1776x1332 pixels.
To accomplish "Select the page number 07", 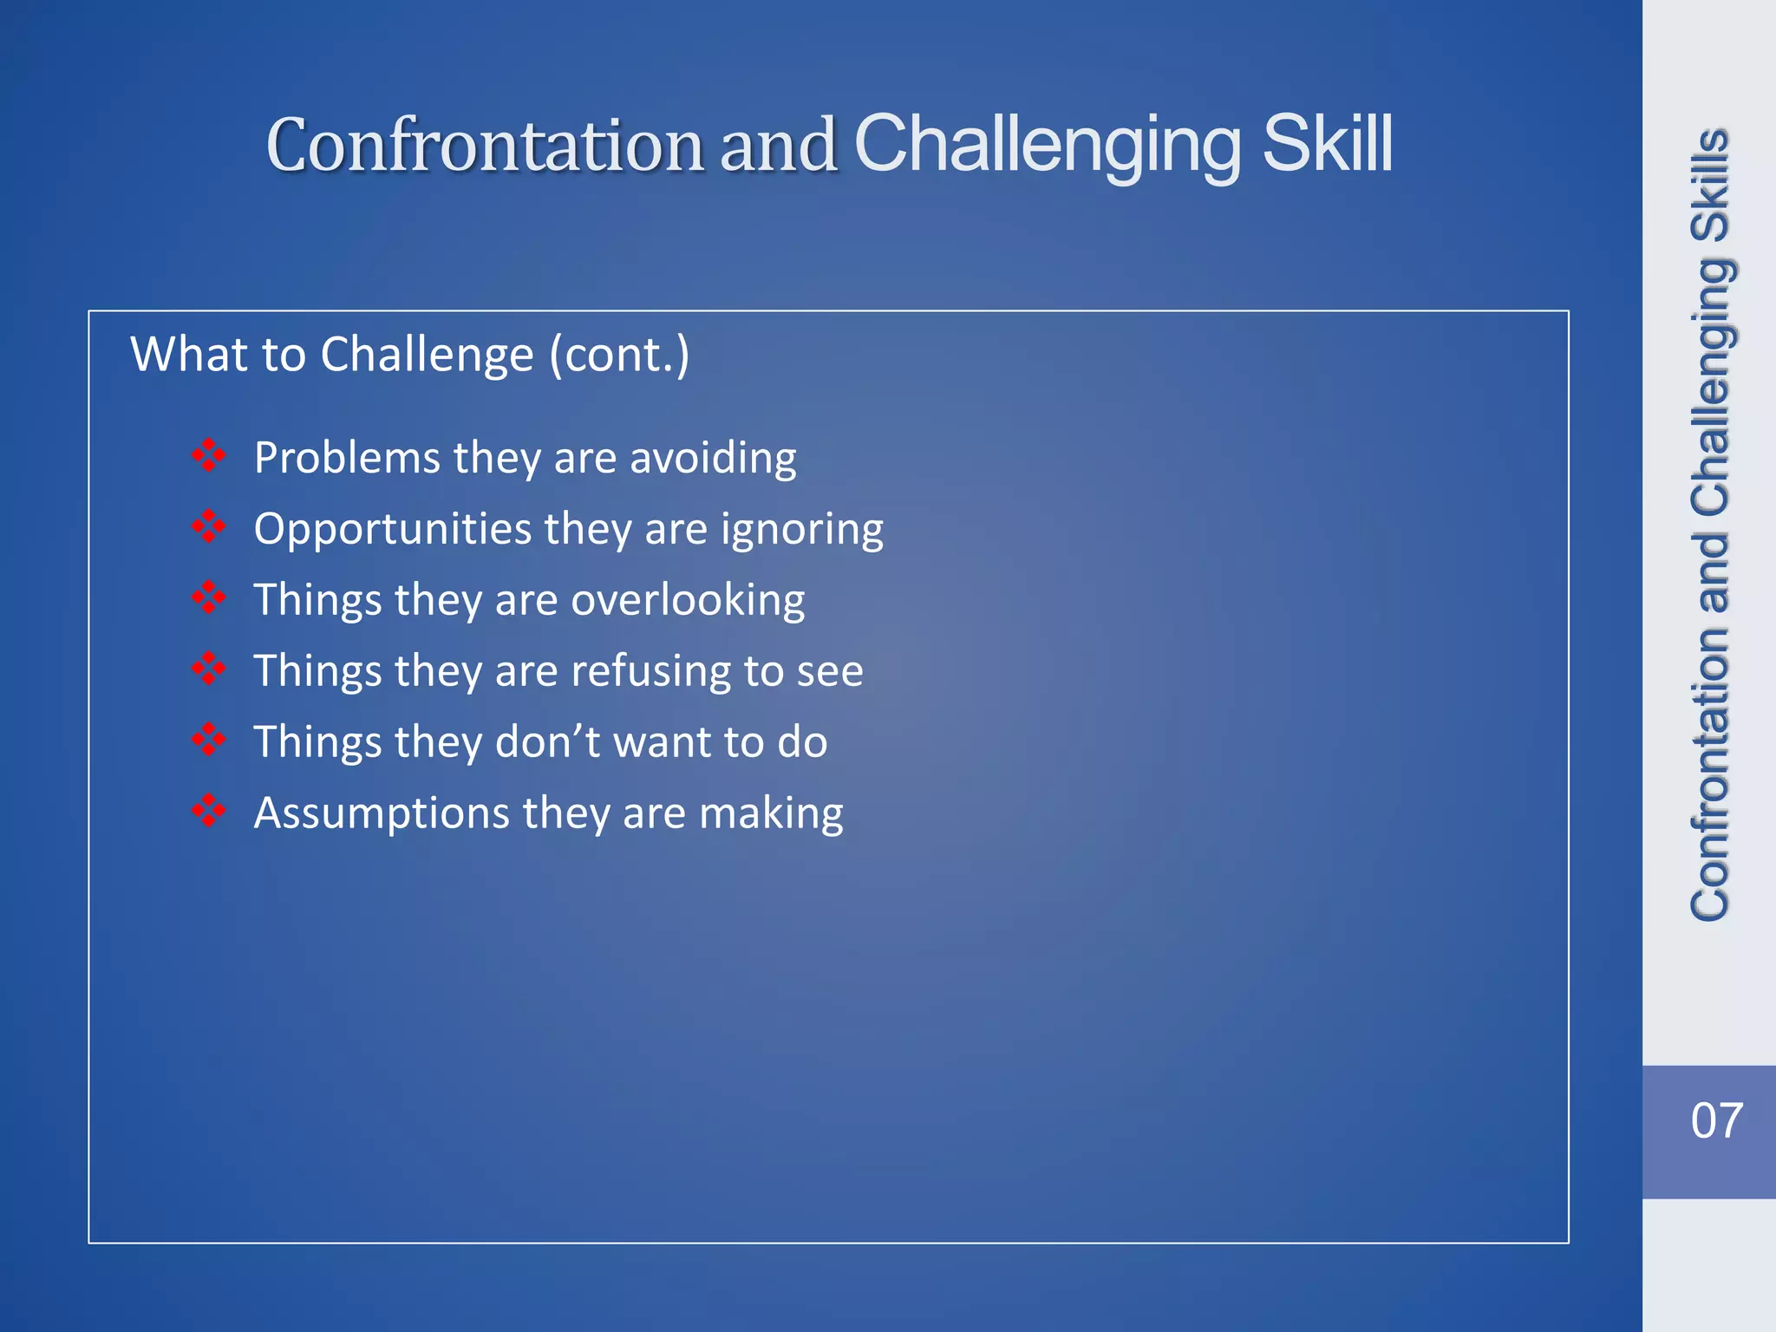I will [x=1716, y=1120].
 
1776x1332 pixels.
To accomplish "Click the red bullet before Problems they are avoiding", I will [x=208, y=455].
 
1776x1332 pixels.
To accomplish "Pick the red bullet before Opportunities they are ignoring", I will [x=208, y=526].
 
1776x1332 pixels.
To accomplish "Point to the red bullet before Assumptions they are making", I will [x=208, y=811].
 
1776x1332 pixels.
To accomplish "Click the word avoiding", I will [x=712, y=458].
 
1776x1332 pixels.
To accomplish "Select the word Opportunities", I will [x=392, y=530].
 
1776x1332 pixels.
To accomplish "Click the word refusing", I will [x=650, y=671].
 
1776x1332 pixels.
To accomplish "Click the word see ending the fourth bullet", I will [x=830, y=671].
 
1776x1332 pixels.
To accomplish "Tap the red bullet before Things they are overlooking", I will [x=208, y=597].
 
